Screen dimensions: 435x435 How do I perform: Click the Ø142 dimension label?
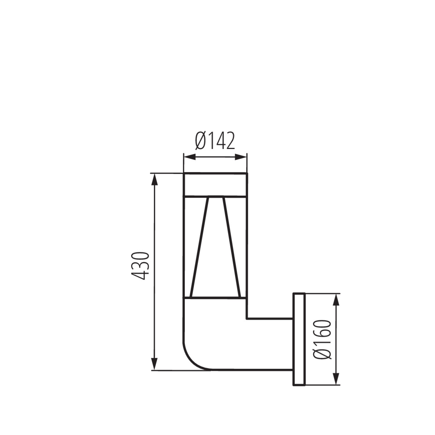[215, 141]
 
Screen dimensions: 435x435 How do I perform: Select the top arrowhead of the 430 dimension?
[155, 180]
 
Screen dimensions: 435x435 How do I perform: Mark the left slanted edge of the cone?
[200, 246]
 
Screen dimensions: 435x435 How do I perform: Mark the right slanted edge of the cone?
[231, 246]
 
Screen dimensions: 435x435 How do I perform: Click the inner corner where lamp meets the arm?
[247, 318]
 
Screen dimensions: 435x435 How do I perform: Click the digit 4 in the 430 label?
[140, 275]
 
